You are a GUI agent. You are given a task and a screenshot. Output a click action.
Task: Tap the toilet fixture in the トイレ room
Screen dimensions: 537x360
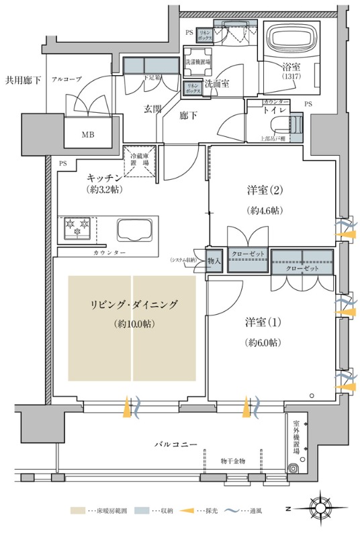coord(296,125)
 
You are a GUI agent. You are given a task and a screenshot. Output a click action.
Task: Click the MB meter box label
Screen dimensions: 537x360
coord(88,134)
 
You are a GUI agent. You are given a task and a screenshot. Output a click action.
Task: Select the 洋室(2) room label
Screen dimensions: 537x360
coord(263,189)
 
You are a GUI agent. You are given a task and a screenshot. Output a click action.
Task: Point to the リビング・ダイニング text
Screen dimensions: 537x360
coord(134,304)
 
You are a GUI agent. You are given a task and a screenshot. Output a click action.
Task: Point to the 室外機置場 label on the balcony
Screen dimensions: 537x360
coord(297,437)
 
